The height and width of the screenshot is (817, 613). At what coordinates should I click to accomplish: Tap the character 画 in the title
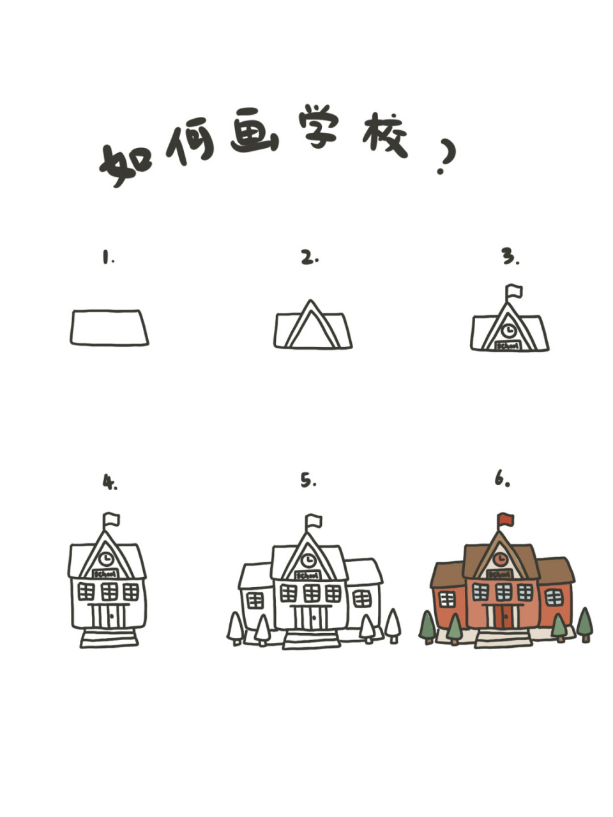point(254,131)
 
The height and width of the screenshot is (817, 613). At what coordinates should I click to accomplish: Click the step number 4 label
point(110,483)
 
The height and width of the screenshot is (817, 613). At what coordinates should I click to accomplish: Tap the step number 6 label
point(502,479)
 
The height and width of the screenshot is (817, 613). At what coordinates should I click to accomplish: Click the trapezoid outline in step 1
point(109,328)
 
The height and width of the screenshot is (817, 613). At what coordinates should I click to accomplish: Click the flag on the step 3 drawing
point(513,292)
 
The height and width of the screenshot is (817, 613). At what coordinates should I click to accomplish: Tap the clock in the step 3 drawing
point(509,331)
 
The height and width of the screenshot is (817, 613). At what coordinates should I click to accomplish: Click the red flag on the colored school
point(506,520)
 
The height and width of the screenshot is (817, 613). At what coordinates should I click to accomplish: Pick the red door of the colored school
point(503,617)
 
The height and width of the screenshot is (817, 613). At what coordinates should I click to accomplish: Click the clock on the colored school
point(501,560)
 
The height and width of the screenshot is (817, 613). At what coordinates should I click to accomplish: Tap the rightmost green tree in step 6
point(584,623)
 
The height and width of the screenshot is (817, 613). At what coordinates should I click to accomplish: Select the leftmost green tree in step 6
point(427,626)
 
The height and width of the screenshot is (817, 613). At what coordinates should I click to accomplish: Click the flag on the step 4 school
point(112,519)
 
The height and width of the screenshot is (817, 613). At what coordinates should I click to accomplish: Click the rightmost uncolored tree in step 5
point(393,624)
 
